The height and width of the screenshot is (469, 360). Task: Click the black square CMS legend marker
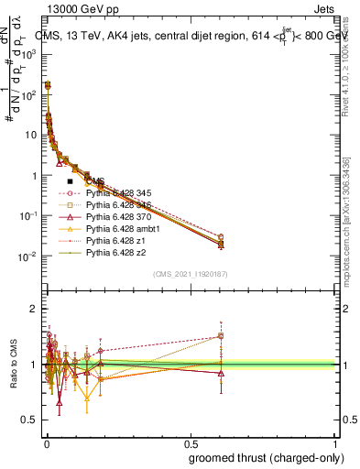coord(71,182)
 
